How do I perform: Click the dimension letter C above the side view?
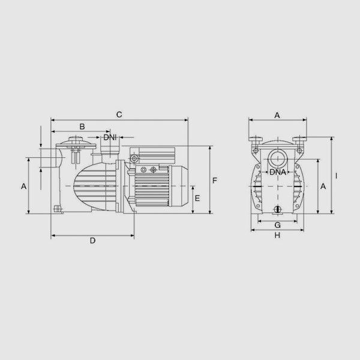[119, 115]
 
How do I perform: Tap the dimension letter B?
[82, 127]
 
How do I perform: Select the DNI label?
[110, 137]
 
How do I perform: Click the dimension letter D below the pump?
[92, 241]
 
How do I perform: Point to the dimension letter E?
[197, 198]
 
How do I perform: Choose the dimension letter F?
[214, 181]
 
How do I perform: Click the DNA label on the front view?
[278, 172]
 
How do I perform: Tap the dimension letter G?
[278, 225]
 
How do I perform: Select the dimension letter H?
[277, 235]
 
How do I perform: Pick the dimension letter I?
[337, 176]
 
